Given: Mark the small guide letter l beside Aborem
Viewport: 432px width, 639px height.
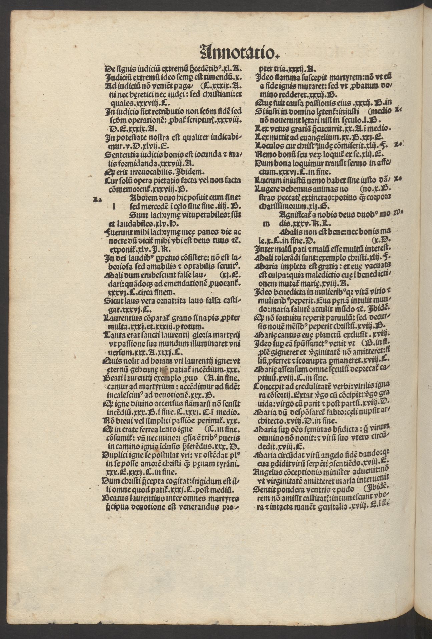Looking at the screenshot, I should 114,207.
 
